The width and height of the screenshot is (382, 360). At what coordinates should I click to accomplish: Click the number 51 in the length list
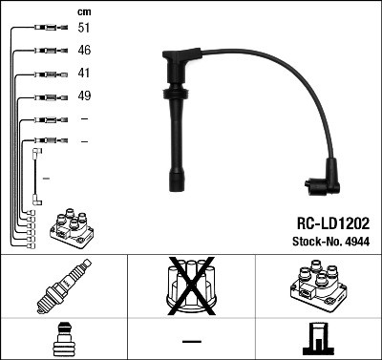[85, 29]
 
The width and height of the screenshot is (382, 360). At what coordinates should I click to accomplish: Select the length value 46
[85, 50]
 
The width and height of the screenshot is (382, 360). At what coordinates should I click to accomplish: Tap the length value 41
[85, 73]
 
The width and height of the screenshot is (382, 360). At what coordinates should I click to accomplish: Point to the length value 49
[85, 95]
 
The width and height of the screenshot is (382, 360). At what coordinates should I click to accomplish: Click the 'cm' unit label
[83, 11]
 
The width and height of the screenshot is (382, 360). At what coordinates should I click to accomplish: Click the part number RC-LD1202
[325, 221]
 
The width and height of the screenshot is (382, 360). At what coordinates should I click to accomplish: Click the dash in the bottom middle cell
[191, 340]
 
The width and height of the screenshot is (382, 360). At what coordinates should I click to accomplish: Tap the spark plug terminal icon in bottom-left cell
[63, 339]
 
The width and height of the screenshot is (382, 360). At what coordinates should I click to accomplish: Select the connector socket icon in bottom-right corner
[318, 339]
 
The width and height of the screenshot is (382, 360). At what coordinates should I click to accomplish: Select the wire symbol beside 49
[45, 95]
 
